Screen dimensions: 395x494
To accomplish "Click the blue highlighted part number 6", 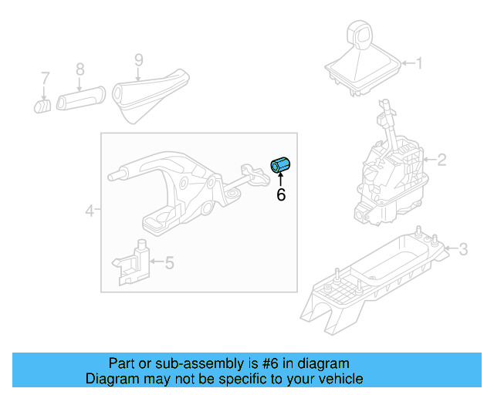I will (280, 164).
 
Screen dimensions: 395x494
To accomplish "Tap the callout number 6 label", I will (281, 196).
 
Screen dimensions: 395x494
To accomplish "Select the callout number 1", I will (420, 63).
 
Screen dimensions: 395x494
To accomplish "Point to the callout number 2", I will (442, 160).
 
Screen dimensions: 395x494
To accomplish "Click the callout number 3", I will (462, 248).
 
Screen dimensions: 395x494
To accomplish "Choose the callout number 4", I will (90, 210).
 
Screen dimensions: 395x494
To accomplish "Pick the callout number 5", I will (169, 263).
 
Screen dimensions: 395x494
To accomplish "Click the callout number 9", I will (138, 59).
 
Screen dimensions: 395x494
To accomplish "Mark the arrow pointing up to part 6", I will (281, 181).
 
